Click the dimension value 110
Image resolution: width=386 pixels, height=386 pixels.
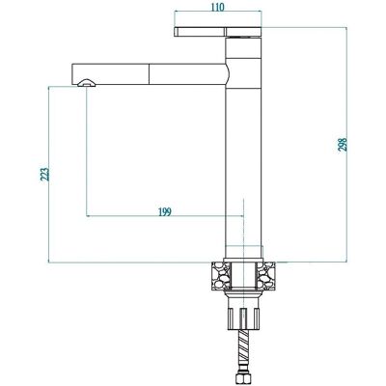[x=217, y=7]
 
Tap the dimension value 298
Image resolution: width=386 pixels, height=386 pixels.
[x=343, y=145]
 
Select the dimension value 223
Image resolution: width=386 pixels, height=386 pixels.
[x=45, y=174]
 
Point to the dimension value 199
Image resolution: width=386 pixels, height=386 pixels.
[x=165, y=211]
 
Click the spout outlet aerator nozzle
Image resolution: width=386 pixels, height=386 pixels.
[x=86, y=83]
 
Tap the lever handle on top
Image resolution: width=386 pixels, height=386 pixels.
[x=218, y=32]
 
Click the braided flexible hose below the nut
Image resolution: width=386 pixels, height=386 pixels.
[x=244, y=353]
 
